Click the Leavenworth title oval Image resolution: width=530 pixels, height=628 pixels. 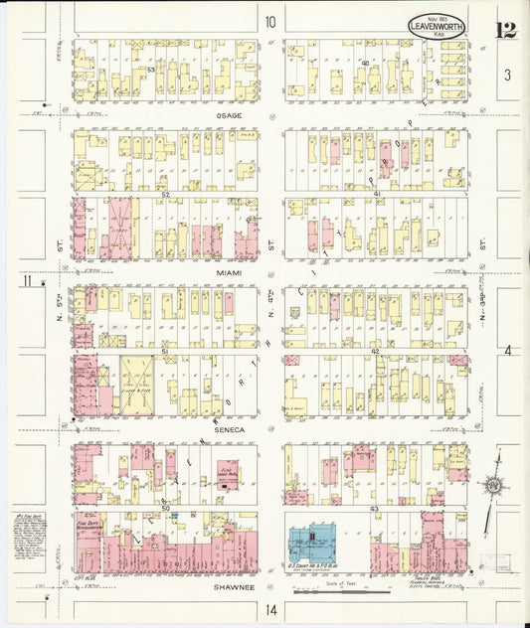436,26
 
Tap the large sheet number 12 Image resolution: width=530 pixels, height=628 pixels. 506,28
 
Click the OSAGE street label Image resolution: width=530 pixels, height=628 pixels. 230,115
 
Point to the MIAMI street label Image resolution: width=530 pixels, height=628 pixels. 230,271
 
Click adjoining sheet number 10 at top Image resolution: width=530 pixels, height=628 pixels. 269,22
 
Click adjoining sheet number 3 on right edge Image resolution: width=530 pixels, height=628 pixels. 506,75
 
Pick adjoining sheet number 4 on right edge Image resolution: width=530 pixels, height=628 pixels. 506,351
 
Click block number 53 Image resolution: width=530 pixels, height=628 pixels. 151,70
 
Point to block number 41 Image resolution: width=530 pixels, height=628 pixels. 377,194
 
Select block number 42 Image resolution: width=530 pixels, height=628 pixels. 376,352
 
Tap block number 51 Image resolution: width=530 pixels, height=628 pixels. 164,352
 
